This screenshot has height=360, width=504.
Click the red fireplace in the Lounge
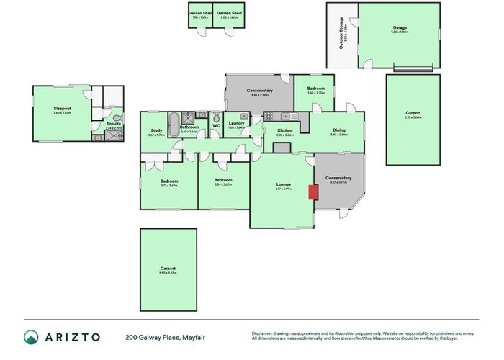tap(312, 192)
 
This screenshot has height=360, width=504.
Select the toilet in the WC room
tap(216, 117)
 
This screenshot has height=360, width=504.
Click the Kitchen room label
tap(284, 131)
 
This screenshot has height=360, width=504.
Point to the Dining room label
tap(338, 131)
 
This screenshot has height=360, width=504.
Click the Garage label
tap(400, 28)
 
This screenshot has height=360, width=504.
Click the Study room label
tap(156, 131)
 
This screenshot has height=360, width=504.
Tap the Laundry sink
tap(244, 116)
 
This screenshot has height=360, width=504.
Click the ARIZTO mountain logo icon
tap(32, 336)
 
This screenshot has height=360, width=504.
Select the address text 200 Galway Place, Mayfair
tap(162, 336)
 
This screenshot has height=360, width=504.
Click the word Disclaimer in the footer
tap(262, 333)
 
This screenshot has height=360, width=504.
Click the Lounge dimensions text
tap(284, 189)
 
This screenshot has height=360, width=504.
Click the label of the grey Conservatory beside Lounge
tap(338, 178)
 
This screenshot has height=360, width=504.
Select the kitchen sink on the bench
tap(286, 115)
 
